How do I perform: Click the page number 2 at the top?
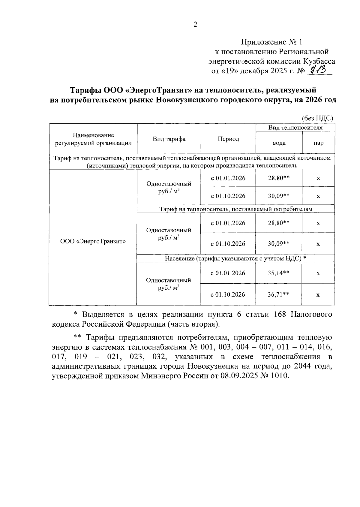pos(195,25)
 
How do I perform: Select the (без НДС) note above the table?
pos(317,118)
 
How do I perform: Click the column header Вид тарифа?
pos(169,139)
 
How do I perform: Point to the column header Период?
pos(228,139)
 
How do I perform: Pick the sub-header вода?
pos(279,143)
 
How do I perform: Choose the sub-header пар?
pos(318,143)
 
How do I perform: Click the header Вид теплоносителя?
pos(295,128)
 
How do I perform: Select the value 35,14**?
pos(278,273)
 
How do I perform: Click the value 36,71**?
pos(278,294)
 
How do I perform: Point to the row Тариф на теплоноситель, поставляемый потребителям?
pos(235,209)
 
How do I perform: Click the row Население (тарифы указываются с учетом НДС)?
pos(235,258)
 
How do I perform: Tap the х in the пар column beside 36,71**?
pos(318,295)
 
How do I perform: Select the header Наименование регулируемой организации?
pos(93,139)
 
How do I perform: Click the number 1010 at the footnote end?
pos(279,376)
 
